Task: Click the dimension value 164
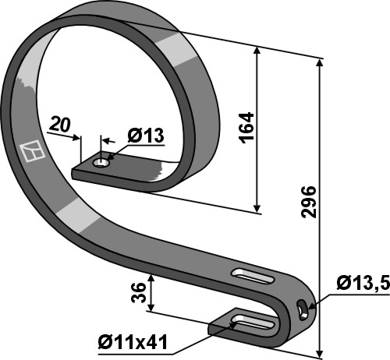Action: click(246, 128)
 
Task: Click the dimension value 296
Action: click(308, 202)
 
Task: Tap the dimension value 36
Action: click(138, 293)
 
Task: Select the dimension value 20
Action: click(60, 125)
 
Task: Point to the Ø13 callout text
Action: click(146, 136)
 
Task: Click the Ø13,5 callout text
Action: click(363, 283)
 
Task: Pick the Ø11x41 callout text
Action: click(133, 343)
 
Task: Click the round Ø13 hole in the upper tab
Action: click(101, 163)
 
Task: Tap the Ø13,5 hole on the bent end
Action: click(302, 309)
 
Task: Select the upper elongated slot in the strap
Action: click(253, 276)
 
